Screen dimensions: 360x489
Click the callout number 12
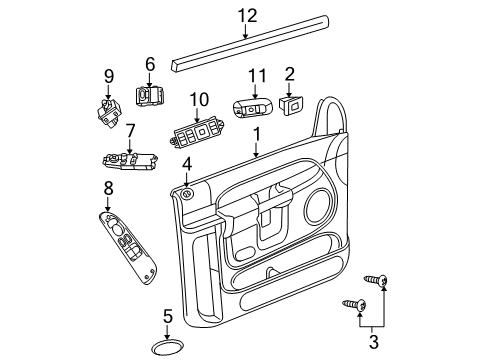pyautogui.click(x=247, y=14)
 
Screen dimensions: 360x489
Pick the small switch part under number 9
pyautogui.click(x=109, y=107)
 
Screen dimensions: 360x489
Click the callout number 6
pyautogui.click(x=150, y=64)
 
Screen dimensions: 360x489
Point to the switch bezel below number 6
pyautogui.click(x=150, y=98)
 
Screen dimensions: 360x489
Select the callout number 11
pyautogui.click(x=256, y=75)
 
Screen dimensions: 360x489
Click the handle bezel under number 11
pyautogui.click(x=254, y=107)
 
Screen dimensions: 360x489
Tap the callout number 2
pyautogui.click(x=289, y=72)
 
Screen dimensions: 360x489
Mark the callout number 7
pyautogui.click(x=130, y=130)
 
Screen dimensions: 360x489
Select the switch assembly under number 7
pyautogui.click(x=127, y=160)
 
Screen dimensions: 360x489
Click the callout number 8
pyautogui.click(x=108, y=187)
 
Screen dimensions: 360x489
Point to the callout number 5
pyautogui.click(x=168, y=316)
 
